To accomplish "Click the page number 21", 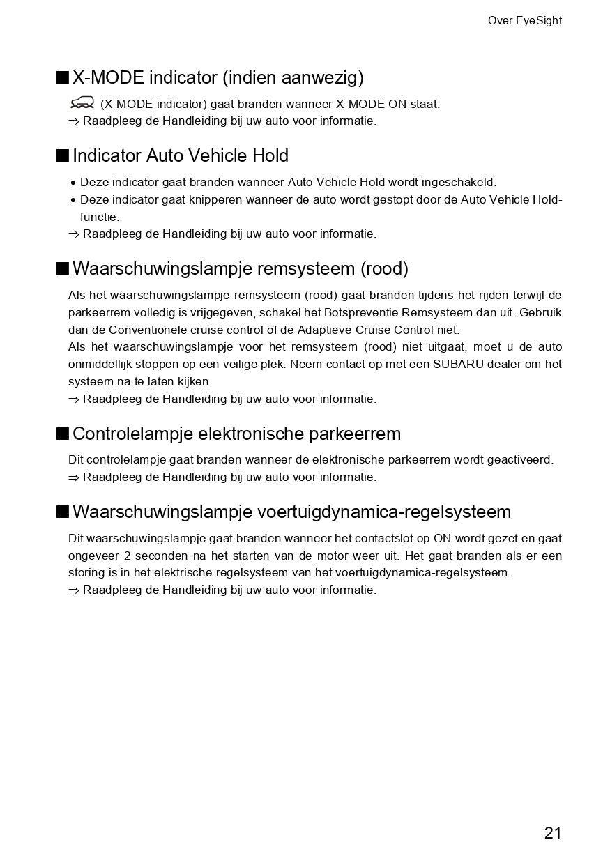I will (552, 832).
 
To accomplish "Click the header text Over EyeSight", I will (524, 21).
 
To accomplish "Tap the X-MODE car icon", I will (82, 103).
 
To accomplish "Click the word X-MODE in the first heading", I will (108, 77).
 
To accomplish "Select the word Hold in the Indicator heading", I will (270, 155).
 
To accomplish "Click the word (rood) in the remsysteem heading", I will (384, 268).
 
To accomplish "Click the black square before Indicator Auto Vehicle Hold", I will (63, 155).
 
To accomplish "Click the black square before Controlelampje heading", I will (63, 433).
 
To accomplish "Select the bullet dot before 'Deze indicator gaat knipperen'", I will (73, 201).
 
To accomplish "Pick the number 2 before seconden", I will (127, 556).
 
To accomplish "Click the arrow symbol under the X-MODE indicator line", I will (74, 121).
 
